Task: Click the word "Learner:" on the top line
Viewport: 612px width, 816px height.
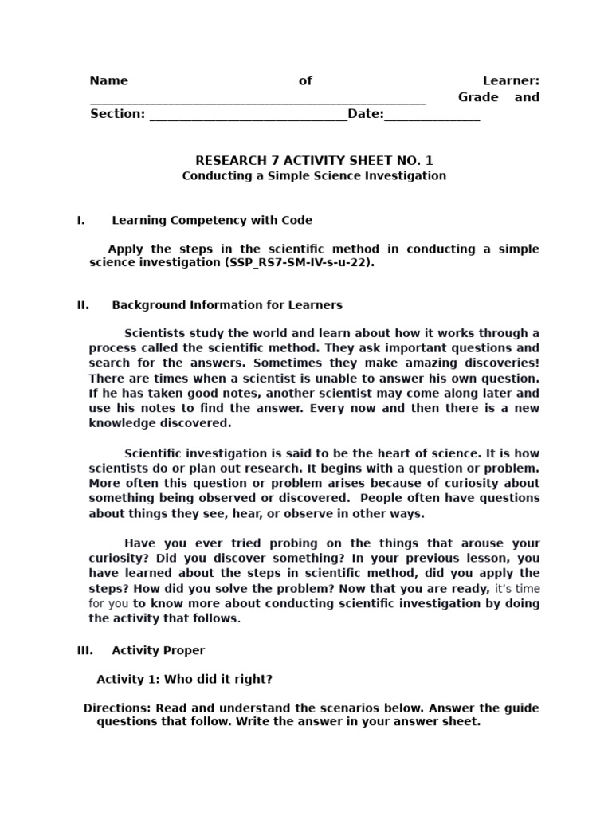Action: [511, 80]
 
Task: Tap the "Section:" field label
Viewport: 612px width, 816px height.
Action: [117, 114]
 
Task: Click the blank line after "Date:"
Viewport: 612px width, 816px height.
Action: [432, 116]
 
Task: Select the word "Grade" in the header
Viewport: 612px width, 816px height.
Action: [477, 97]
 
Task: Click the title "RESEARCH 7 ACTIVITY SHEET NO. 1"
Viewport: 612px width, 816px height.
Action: [314, 160]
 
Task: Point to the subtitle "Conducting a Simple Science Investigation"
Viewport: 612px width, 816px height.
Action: [314, 175]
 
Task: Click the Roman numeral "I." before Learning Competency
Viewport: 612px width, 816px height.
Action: [81, 220]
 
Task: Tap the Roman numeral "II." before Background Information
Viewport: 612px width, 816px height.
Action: [83, 304]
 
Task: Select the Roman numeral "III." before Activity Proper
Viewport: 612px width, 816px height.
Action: [84, 650]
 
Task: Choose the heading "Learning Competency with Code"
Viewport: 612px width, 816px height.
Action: [212, 220]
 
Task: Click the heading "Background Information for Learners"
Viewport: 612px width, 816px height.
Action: [227, 304]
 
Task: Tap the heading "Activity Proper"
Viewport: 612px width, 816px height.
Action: [158, 650]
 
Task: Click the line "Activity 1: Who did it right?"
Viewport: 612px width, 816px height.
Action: [184, 679]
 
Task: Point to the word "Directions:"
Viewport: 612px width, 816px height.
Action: [117, 708]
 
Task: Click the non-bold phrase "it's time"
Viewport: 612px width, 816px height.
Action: [517, 588]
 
